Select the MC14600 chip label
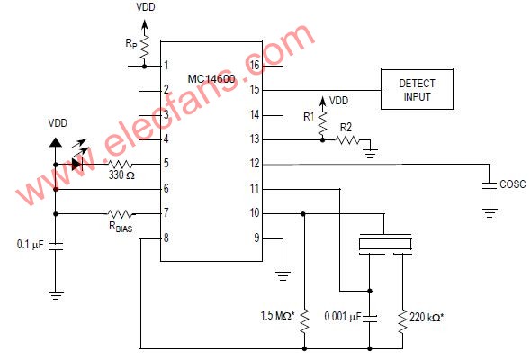[211, 79]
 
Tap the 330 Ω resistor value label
[121, 175]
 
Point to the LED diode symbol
[77, 165]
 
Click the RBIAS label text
[121, 227]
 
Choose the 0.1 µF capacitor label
[31, 245]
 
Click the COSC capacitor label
[512, 184]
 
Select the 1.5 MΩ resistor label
[277, 316]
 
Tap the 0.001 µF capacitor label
[343, 317]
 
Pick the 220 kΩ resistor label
[427, 317]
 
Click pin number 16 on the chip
[255, 65]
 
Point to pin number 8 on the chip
[166, 238]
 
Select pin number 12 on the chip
[255, 164]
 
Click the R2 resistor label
[346, 128]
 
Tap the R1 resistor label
[309, 117]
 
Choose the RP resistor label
[131, 43]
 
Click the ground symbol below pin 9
[283, 275]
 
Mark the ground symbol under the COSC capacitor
[490, 213]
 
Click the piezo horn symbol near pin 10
[385, 243]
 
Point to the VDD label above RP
[146, 7]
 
